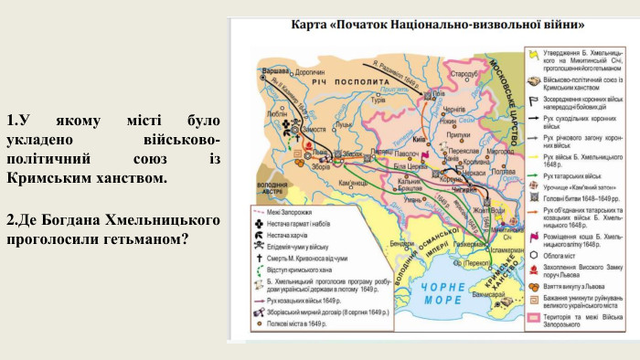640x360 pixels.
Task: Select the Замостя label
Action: click(313, 130)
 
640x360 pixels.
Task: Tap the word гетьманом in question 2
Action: click(149, 239)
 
